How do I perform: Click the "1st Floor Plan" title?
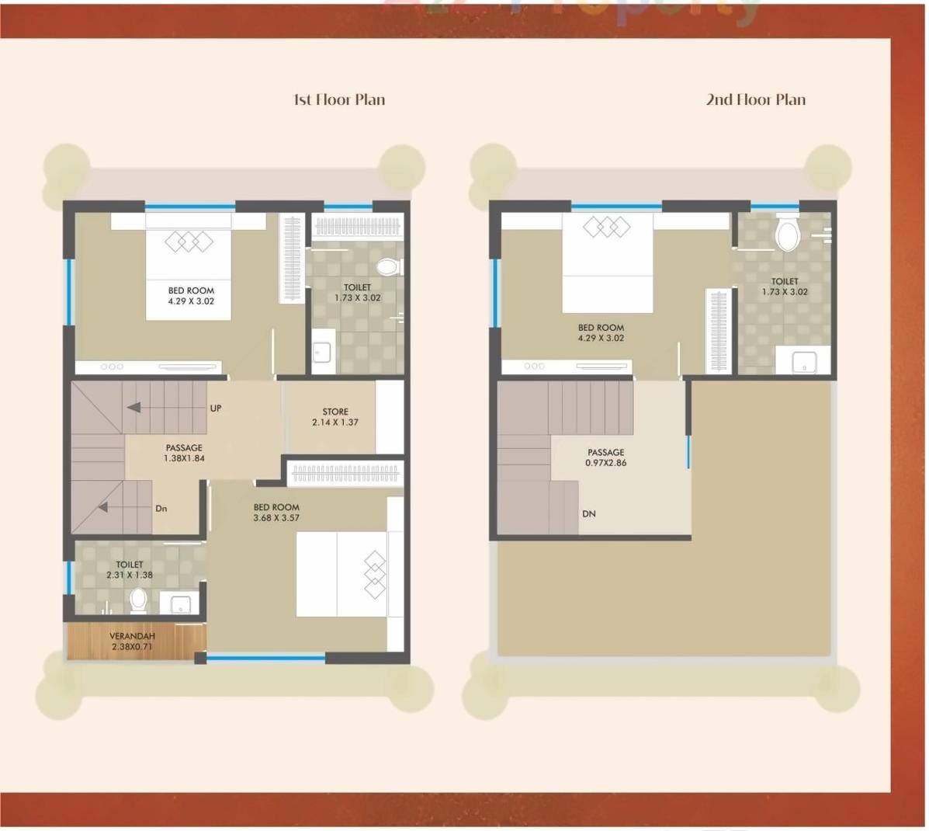338,99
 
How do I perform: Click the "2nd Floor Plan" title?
755,99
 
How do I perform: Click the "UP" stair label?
216,408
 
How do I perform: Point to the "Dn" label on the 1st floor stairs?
161,509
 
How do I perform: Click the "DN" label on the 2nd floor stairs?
589,513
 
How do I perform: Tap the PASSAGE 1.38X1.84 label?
184,453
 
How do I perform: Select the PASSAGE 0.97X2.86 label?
605,457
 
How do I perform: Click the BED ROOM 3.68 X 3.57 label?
276,513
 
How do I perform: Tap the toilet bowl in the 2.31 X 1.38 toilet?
138,600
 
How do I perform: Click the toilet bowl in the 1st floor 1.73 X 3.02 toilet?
387,266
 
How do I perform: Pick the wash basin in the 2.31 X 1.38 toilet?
180,604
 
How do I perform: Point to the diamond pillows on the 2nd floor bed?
607,227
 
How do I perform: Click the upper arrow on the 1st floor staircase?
134,407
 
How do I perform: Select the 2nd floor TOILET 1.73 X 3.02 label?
785,287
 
